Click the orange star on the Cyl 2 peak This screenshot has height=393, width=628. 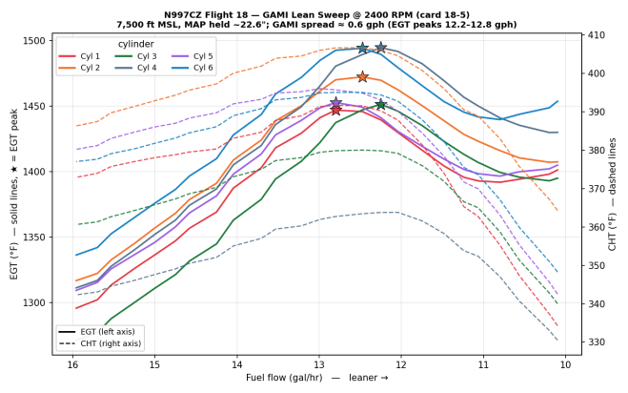tap(362, 76)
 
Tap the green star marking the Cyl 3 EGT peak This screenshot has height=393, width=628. tap(380, 105)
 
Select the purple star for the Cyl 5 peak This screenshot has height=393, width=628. tap(336, 103)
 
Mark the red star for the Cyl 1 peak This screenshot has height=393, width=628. tap(336, 110)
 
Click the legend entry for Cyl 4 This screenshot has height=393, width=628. tap(135, 68)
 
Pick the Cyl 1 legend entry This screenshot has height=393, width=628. tap(79, 56)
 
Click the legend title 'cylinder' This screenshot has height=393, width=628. tap(135, 44)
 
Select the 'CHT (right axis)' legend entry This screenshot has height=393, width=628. tap(100, 343)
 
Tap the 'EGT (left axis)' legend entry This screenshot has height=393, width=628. tap(96, 332)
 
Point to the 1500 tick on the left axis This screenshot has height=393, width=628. tap(35, 41)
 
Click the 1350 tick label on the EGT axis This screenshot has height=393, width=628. tap(35, 238)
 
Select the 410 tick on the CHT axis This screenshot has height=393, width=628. tap(596, 35)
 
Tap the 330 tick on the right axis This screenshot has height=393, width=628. tap(596, 342)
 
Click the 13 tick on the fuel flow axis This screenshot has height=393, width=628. tap(319, 365)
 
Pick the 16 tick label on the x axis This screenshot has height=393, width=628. tap(72, 365)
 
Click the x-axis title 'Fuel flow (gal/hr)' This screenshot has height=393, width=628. tap(284, 378)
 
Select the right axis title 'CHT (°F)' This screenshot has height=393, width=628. tap(612, 232)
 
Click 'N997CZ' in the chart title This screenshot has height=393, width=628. tap(181, 15)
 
